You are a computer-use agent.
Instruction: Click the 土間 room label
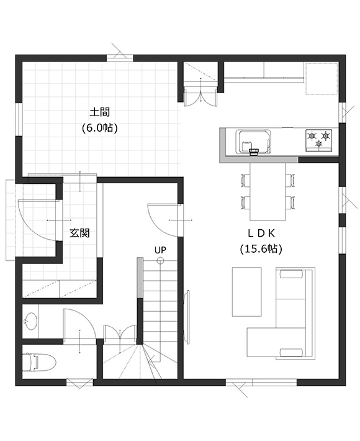pos(100,112)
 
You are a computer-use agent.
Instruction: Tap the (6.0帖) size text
pos(100,128)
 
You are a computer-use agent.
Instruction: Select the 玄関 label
pos(79,233)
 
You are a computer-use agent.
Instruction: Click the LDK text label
pos(261,233)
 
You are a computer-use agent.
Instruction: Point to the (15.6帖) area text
pos(261,249)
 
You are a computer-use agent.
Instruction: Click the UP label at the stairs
pos(160,250)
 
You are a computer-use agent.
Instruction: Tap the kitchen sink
pos(254,142)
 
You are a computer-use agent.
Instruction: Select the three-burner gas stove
pos(319,140)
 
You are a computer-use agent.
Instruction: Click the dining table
pos(268,191)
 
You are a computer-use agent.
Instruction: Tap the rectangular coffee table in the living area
pos(247,292)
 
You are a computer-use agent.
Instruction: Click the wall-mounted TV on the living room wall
pos(186,316)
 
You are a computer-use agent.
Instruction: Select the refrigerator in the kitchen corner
pos(322,78)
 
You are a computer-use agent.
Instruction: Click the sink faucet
pos(254,152)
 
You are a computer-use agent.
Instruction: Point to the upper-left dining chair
pos(246,180)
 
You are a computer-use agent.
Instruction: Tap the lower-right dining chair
pos(290,202)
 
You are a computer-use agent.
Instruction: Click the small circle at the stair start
pos(160,260)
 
